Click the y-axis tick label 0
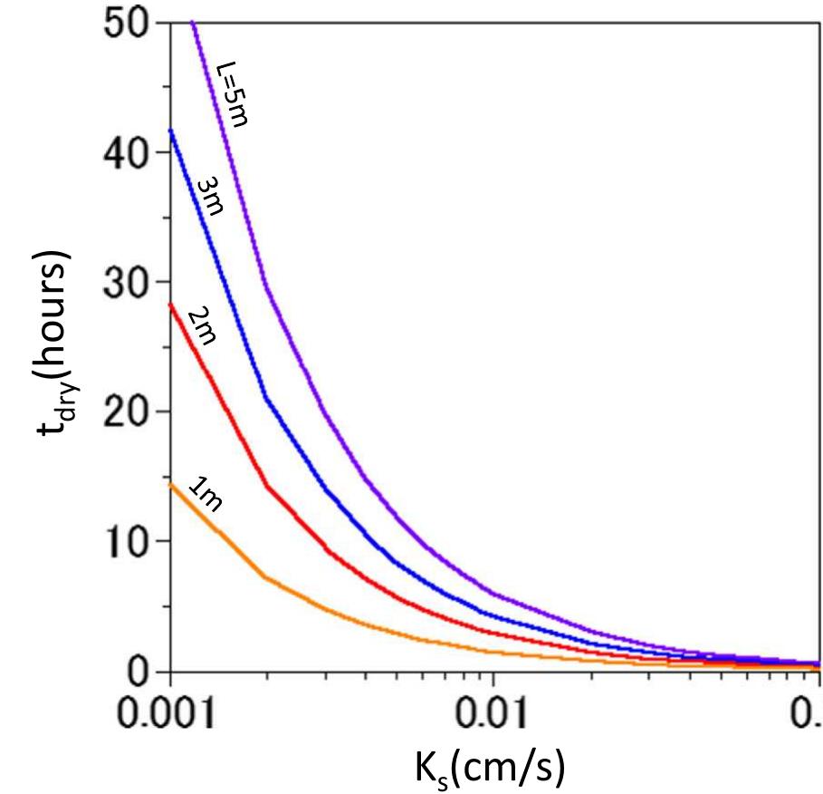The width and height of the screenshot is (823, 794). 139,672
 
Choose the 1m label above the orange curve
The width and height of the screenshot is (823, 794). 205,496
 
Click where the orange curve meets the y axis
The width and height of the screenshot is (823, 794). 170,484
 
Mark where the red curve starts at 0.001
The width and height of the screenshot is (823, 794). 170,305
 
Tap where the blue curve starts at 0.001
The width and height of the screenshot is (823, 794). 170,130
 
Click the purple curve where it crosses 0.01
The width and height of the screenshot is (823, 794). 493,594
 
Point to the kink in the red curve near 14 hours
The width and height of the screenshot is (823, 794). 266,487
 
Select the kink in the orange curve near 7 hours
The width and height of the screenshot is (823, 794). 264,576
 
